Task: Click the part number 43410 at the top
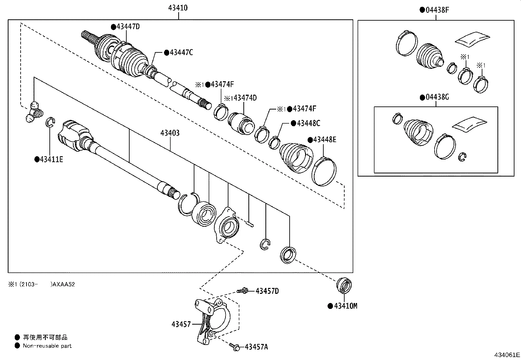point(178,8)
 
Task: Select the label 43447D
point(128,27)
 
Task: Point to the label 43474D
point(245,98)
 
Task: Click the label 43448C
point(308,123)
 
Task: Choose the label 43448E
point(324,140)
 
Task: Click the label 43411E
point(51,160)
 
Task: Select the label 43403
point(170,133)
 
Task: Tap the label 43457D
point(267,291)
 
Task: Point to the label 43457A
point(256,347)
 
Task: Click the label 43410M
point(345,306)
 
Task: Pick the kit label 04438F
point(437,10)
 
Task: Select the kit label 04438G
point(437,98)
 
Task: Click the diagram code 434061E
point(507,355)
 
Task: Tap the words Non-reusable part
point(47,346)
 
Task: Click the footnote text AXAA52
point(64,284)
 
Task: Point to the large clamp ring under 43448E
point(324,171)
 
